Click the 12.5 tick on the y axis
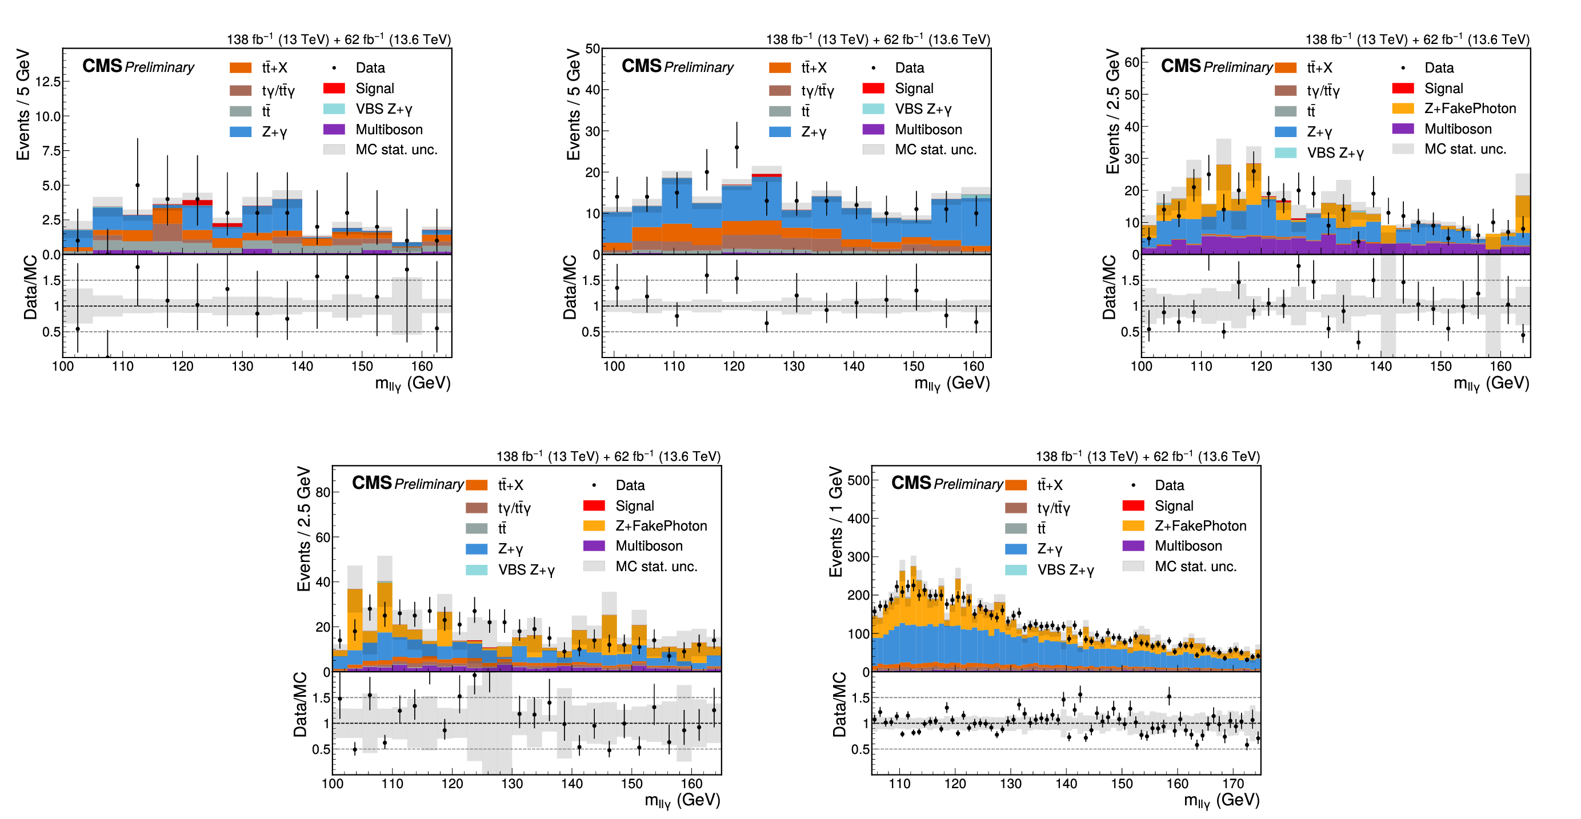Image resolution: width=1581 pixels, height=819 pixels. (48, 82)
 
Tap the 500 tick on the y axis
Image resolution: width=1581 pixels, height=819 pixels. (859, 480)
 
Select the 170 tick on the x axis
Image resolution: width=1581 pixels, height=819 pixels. (1233, 784)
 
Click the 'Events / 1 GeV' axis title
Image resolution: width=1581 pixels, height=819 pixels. (836, 522)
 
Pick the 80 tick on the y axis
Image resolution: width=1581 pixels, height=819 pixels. (323, 492)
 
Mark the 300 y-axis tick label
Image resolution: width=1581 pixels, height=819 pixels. (859, 557)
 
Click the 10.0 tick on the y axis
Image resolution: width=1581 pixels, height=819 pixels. (48, 117)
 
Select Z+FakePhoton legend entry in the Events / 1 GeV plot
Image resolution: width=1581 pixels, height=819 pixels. (1184, 526)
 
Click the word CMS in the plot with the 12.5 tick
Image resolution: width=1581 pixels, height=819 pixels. (102, 66)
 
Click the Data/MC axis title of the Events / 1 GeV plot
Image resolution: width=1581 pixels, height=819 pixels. (839, 704)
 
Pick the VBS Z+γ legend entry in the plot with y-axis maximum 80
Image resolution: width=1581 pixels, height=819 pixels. (511, 570)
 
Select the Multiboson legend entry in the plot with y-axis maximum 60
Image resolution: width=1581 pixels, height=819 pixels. (1442, 129)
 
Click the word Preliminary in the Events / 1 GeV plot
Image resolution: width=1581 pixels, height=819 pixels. (968, 484)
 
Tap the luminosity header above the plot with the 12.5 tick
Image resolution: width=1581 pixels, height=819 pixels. (339, 39)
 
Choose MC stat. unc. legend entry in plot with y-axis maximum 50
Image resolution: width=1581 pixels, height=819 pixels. (919, 150)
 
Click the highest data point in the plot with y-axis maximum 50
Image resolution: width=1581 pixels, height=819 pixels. (737, 147)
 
